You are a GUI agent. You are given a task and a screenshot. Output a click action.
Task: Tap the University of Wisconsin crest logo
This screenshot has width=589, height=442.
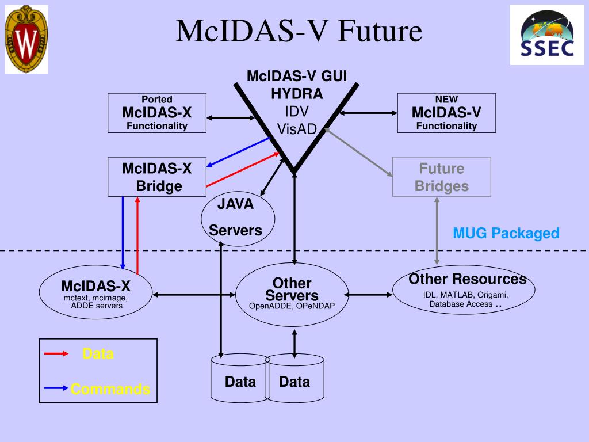(26, 39)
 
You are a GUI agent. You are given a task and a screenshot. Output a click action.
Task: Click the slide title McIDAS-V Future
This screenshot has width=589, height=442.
(299, 31)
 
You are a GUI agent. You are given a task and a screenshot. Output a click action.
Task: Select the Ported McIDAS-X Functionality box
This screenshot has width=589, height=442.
(157, 113)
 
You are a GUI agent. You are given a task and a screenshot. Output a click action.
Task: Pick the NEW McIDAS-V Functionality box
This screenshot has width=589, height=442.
(446, 113)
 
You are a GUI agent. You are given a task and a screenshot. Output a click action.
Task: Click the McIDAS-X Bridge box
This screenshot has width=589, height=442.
(157, 177)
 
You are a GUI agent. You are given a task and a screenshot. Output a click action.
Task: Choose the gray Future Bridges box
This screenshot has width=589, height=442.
(441, 177)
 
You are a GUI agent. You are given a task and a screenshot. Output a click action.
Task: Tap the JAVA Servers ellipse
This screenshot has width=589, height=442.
(238, 217)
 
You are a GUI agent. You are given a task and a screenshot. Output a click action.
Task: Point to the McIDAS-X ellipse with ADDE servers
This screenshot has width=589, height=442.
(96, 294)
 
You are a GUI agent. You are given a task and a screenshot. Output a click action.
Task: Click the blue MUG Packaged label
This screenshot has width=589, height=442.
(506, 233)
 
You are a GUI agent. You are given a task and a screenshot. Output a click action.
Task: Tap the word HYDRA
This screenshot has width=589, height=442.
(297, 93)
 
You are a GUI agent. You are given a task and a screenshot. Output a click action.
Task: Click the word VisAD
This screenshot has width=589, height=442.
(297, 129)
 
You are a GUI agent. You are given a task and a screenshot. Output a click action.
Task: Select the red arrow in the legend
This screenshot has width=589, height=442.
(57, 353)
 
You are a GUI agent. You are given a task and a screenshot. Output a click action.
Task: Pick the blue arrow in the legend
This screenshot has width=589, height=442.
(57, 388)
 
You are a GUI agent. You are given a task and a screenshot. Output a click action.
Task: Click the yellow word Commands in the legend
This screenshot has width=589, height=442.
(110, 389)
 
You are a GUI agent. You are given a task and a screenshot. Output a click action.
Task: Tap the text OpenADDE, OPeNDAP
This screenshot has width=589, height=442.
(292, 306)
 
